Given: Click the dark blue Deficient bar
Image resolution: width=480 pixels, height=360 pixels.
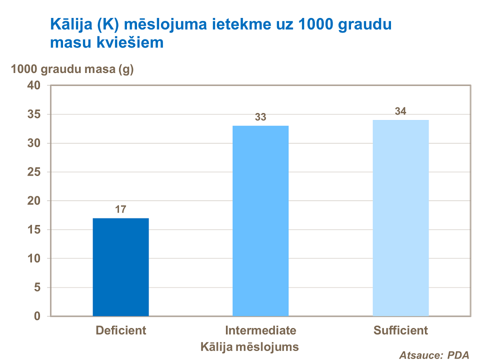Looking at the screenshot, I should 120,267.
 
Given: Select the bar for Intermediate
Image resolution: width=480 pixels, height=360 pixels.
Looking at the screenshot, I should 260,220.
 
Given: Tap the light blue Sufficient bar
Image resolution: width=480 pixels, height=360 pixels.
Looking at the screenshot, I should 400,218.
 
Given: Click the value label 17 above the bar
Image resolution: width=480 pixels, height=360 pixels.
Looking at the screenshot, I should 120,209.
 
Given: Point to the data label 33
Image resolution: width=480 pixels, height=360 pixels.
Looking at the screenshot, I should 260,117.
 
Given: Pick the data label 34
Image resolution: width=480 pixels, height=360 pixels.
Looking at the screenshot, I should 400,111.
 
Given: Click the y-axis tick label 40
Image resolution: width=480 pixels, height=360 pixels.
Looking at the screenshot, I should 34,85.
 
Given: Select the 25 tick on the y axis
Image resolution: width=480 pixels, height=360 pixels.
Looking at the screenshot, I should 34,172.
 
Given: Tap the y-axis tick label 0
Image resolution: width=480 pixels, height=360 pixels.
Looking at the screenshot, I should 37,316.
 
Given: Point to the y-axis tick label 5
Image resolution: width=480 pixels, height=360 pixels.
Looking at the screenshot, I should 37,287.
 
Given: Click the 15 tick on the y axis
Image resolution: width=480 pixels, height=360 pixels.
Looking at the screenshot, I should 34,230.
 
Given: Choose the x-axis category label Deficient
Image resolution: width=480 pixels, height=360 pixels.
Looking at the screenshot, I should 121,330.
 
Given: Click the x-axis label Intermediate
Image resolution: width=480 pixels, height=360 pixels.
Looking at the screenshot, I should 260,330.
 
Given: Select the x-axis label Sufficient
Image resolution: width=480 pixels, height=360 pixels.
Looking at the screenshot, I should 400,330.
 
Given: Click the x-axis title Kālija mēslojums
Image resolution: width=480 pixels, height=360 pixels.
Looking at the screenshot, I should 249,346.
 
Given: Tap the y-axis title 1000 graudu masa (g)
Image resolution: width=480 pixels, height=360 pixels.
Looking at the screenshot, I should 72,69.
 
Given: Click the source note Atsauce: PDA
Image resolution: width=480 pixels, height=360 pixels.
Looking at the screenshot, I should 434,355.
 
